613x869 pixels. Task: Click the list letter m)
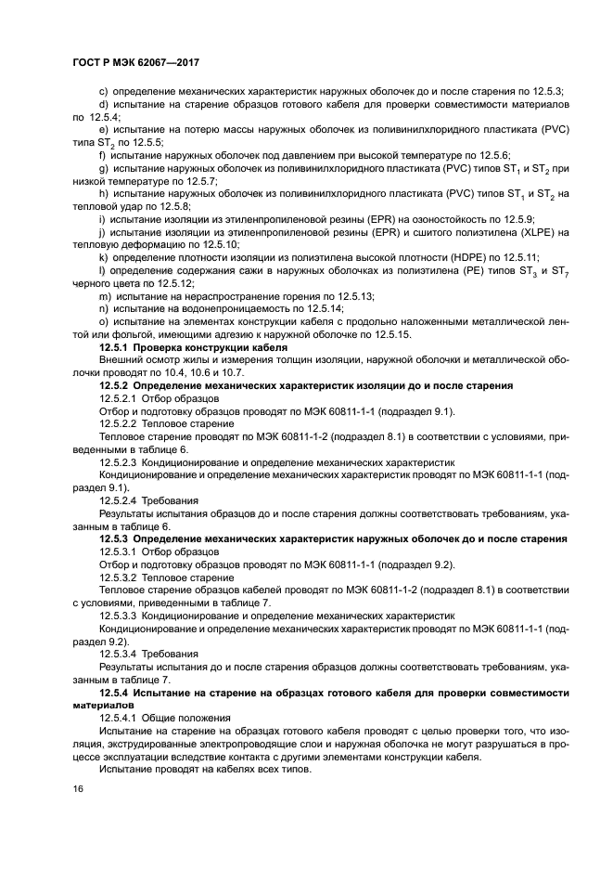104,295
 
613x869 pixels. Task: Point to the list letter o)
103,321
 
